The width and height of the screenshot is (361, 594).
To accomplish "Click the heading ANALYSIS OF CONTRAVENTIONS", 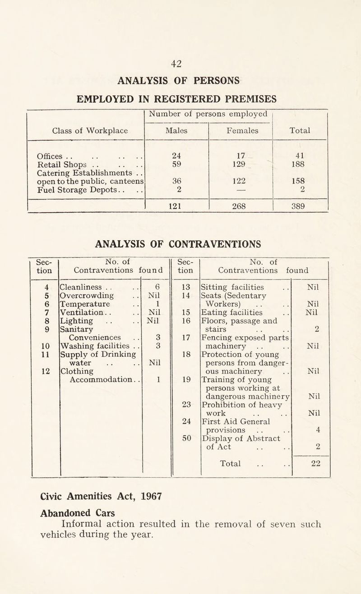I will (x=180, y=245).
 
